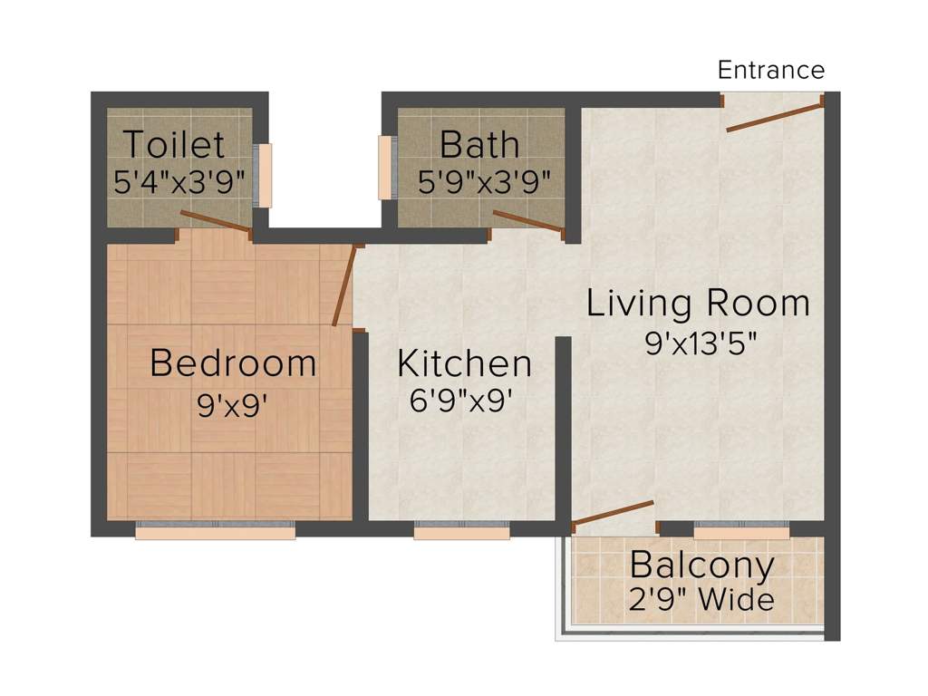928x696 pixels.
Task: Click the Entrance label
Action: [x=770, y=70]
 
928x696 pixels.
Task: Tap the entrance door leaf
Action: [x=775, y=117]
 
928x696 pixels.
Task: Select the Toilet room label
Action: [x=175, y=144]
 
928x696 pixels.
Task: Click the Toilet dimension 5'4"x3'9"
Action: [x=179, y=181]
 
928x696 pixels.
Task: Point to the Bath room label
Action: [x=480, y=144]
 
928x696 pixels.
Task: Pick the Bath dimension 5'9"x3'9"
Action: [x=484, y=181]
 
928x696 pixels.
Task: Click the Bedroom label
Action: [x=233, y=362]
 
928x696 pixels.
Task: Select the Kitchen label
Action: [x=465, y=363]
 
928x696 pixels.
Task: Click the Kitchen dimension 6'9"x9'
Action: [x=460, y=401]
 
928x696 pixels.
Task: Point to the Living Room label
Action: [x=699, y=303]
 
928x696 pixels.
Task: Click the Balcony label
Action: [x=702, y=565]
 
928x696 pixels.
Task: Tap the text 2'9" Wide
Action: [x=701, y=600]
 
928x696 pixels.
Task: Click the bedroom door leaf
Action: [x=344, y=285]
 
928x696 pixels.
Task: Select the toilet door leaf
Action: [x=216, y=221]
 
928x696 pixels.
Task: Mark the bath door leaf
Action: [x=528, y=221]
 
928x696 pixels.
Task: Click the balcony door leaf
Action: [x=614, y=513]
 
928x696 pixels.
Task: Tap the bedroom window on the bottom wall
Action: [x=216, y=530]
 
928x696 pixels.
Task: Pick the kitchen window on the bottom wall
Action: [x=461, y=530]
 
